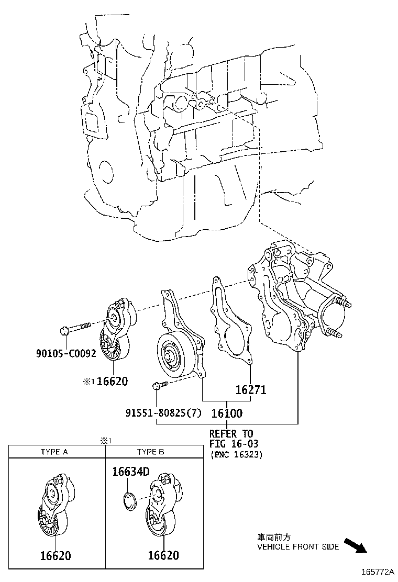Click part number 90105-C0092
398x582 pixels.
click(x=66, y=353)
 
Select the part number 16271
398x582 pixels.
click(x=250, y=390)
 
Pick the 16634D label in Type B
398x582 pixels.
click(x=130, y=472)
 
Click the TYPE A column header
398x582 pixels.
click(x=54, y=452)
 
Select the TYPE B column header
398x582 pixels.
click(x=151, y=452)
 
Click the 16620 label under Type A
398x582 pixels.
click(x=56, y=555)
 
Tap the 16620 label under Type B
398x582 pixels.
click(x=163, y=555)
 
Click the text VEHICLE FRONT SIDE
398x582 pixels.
click(x=297, y=547)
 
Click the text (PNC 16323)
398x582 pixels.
click(x=236, y=454)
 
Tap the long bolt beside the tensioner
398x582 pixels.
click(x=76, y=329)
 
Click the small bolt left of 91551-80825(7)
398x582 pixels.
click(x=159, y=386)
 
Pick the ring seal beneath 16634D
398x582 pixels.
click(x=129, y=500)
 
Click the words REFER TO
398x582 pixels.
click(x=231, y=434)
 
